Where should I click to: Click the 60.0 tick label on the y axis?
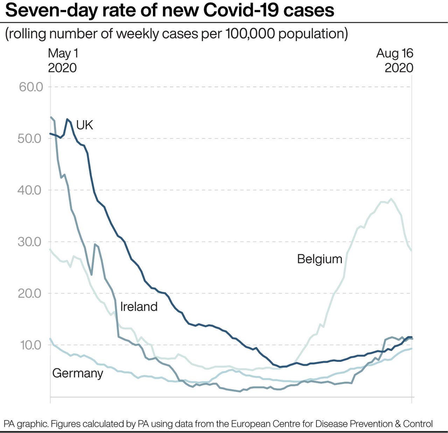tap(31, 87)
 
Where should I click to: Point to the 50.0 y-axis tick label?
tap(30, 138)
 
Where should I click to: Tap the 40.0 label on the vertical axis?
tap(30, 190)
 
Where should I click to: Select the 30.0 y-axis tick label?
tap(30, 242)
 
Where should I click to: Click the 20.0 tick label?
tap(30, 293)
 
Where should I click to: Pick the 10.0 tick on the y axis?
tap(31, 345)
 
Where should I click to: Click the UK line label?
tap(84, 125)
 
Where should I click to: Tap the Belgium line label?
tap(320, 259)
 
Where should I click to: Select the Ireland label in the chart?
tap(139, 307)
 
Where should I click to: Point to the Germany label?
tap(78, 373)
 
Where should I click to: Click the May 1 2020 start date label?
tap(63, 60)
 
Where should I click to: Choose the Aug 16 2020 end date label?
tap(395, 60)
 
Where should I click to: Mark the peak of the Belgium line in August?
tap(391, 199)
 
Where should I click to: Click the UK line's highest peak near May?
tap(67, 119)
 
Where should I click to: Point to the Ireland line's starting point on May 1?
tap(51, 117)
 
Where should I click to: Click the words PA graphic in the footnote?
tap(26, 424)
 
